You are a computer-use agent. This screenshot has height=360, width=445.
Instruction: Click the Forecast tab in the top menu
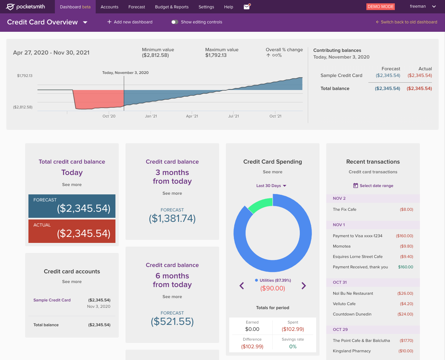137,7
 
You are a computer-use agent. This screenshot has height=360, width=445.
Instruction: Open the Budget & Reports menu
172,7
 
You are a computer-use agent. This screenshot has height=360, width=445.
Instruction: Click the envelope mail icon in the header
247,7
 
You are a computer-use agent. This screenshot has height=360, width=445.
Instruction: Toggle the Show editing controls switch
175,22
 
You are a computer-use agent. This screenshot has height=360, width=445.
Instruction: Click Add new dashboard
130,22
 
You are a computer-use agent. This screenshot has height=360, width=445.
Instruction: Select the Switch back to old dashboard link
407,22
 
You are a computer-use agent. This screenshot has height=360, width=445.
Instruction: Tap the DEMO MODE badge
380,7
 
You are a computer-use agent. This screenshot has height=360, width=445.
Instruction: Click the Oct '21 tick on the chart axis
275,116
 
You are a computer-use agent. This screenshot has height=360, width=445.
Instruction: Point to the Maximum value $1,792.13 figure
216,55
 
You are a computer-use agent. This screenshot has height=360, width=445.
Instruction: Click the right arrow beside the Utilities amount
303,286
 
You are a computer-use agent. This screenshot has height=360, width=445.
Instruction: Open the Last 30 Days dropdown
271,186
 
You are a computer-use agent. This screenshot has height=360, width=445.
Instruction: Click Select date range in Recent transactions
373,186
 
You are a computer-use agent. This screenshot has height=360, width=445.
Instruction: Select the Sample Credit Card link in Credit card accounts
52,300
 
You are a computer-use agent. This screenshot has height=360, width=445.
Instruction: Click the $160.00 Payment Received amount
406,267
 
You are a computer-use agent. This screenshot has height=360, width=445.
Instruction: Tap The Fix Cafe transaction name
344,209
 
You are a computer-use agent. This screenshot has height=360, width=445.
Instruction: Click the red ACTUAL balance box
72,231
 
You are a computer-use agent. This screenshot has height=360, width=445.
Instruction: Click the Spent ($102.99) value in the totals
293,329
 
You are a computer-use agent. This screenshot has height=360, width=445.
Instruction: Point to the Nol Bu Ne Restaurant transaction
353,293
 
